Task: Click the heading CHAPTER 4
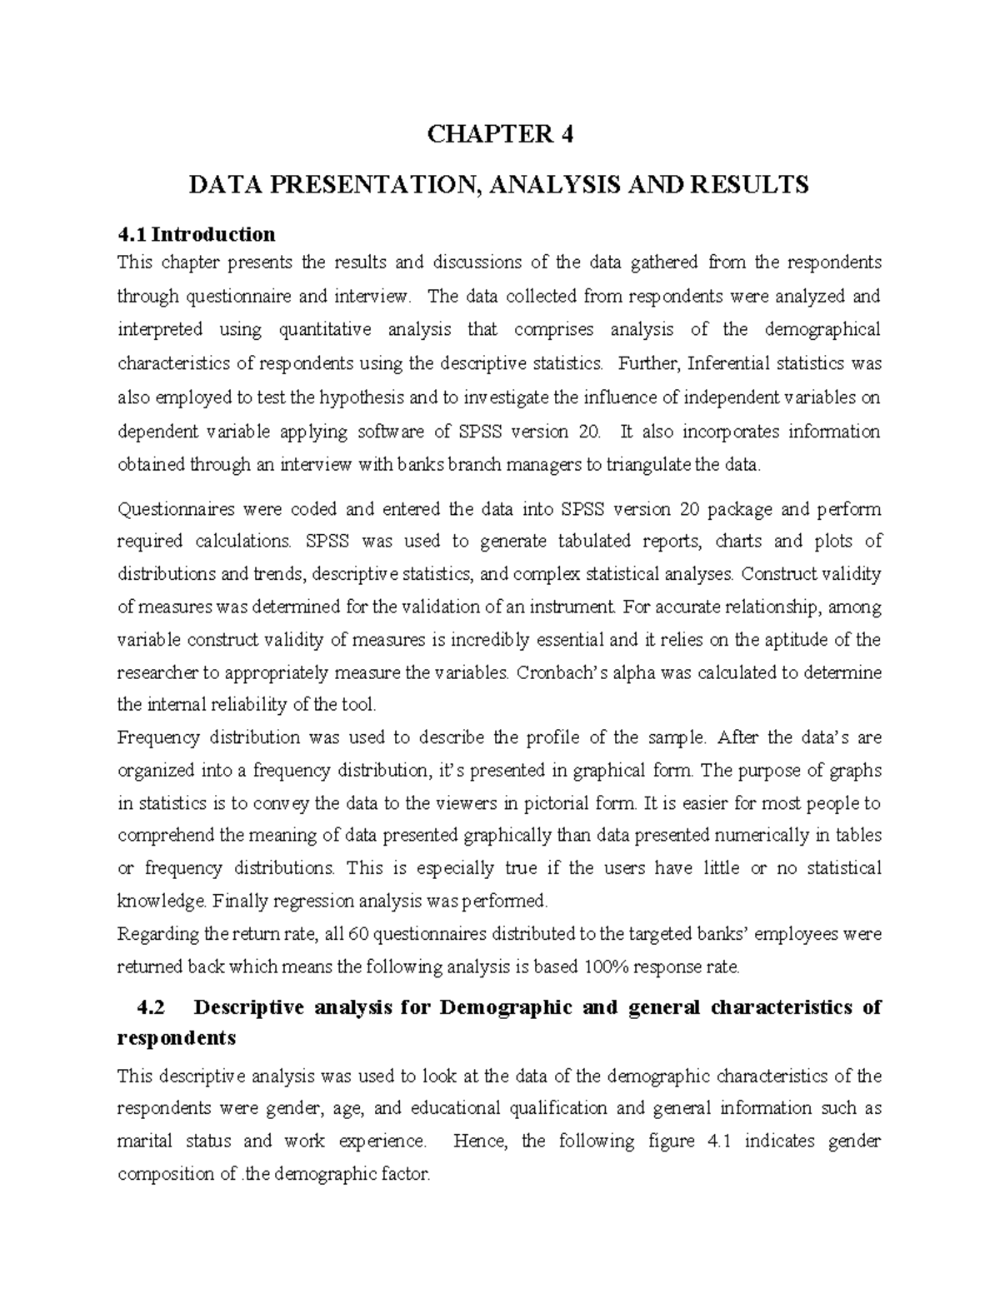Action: [x=500, y=134]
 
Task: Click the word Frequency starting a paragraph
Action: [x=158, y=737]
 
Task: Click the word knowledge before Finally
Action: [x=162, y=901]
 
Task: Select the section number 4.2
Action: [x=149, y=1007]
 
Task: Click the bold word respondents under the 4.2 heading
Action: [x=177, y=1039]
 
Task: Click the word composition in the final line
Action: [x=166, y=1174]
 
